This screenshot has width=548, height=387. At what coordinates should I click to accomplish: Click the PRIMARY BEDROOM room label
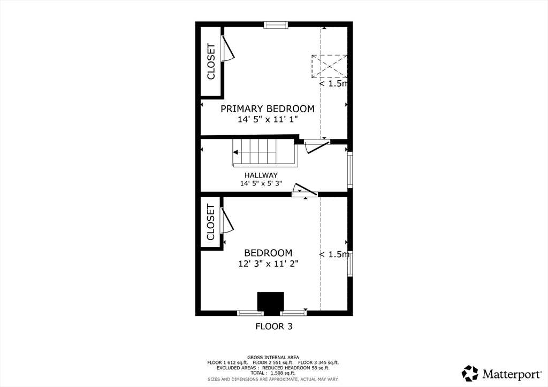coord(268,109)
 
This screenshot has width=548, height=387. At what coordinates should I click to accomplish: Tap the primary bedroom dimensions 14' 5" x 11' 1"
coord(268,119)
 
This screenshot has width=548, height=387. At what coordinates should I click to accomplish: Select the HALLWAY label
coord(261,175)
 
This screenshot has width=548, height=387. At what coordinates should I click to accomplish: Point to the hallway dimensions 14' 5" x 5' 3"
coord(261,183)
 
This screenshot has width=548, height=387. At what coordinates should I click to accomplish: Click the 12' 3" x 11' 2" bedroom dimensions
coord(268,264)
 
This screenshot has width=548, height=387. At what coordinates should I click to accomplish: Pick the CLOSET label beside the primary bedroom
coord(211,61)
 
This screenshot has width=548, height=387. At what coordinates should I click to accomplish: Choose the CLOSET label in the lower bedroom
coord(210,222)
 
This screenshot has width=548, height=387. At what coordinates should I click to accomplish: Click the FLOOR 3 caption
coord(274,326)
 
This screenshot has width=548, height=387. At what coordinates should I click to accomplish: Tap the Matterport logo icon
coord(470,374)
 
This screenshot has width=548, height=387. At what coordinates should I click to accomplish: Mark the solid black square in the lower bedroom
coord(270,301)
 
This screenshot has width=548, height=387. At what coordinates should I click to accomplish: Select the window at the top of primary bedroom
coord(276,25)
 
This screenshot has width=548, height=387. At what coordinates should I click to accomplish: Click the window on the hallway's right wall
coord(350,169)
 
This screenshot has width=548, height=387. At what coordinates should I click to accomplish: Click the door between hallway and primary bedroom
coord(317,146)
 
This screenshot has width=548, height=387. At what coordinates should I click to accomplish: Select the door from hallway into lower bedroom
coord(305,189)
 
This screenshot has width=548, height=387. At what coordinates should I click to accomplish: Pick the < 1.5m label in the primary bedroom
coord(334,84)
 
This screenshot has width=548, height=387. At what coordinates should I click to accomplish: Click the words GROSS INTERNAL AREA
coord(273,358)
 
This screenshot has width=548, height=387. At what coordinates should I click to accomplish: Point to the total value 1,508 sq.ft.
coord(283,373)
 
